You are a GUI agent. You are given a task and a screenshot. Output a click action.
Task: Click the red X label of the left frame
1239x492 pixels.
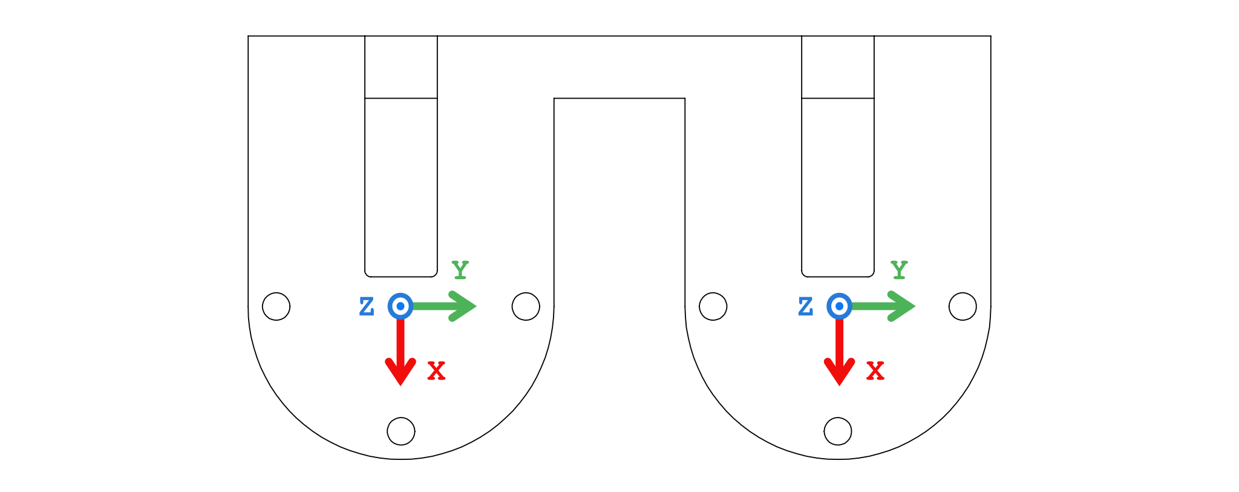coord(436,371)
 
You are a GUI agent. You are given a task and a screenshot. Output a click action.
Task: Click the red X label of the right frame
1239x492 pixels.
coord(875,371)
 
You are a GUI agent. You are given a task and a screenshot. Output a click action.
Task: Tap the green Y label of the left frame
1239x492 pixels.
coord(460,270)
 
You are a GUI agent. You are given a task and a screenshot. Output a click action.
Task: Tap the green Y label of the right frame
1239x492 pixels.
coord(899,270)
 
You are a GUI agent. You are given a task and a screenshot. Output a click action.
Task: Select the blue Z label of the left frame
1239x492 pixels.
coord(367,307)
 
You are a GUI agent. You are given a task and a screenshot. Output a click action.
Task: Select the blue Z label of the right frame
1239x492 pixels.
coord(805,307)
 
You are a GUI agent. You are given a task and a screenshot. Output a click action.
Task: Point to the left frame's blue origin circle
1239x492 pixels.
coord(400,306)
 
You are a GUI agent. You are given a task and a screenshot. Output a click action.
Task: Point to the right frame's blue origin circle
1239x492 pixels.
coord(839,306)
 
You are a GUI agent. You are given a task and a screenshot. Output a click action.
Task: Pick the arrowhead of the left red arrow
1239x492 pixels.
coord(400,372)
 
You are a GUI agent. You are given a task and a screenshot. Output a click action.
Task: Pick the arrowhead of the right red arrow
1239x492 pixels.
coord(839,372)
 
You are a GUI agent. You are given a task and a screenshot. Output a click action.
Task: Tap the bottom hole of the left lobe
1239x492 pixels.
coord(401,431)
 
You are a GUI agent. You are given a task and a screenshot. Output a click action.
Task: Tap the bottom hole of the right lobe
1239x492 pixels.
coord(838,431)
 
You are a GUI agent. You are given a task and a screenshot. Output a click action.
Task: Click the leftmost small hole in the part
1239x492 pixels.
coord(276,306)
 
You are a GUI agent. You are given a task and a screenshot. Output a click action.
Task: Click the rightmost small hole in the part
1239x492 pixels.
coord(963,306)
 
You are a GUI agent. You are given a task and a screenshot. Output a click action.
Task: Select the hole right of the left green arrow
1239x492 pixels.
coord(526,306)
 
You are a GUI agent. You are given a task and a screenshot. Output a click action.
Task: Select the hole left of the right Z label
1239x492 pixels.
coord(713,306)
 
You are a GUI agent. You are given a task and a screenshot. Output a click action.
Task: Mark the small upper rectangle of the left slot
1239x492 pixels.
coord(401,67)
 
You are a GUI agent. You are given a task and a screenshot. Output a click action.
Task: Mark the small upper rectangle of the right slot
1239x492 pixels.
coord(838,67)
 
